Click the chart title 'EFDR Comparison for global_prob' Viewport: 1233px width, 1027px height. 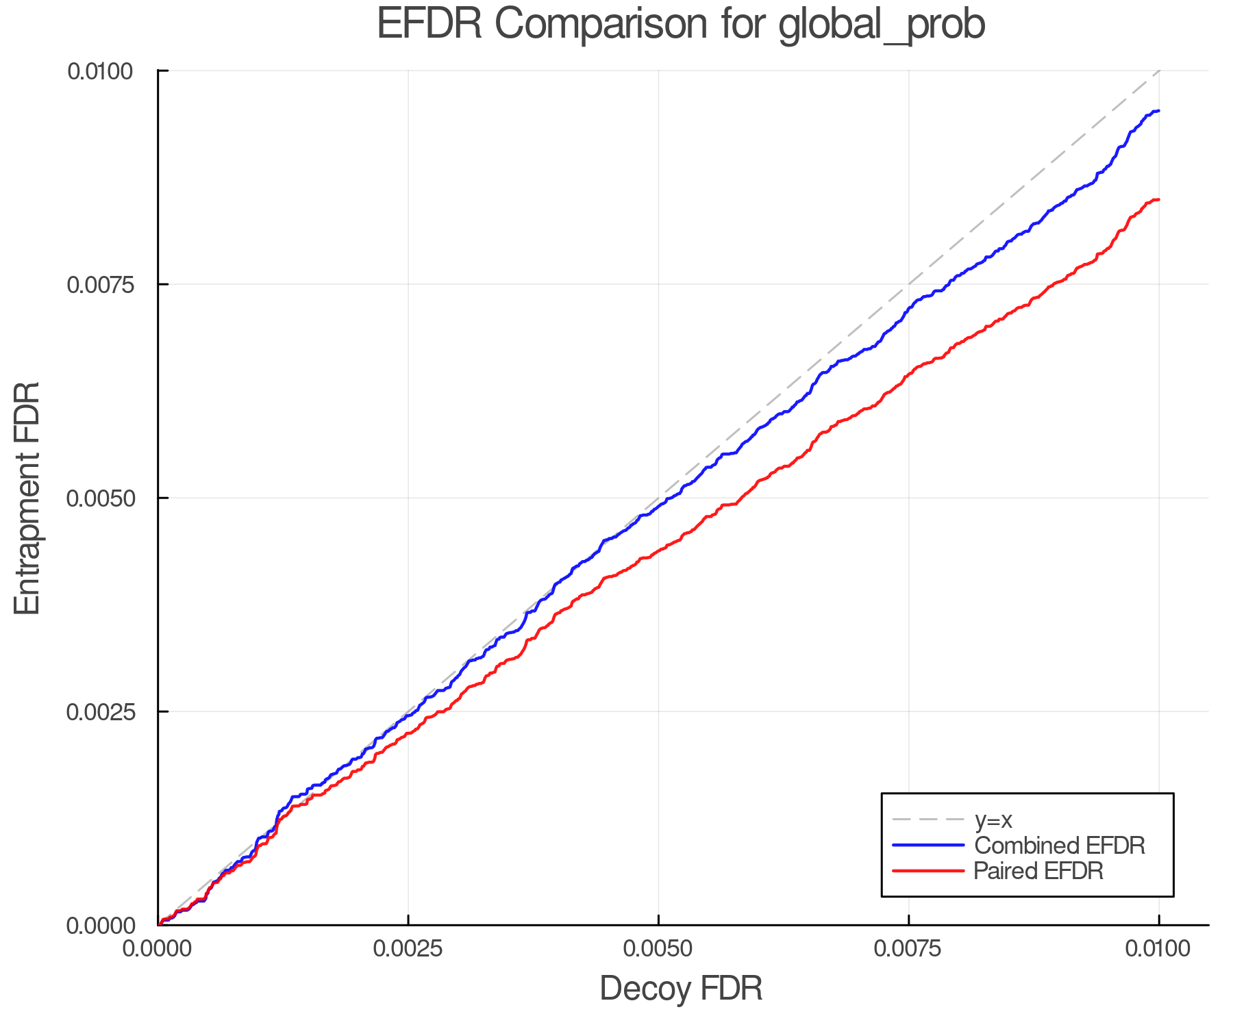(x=681, y=25)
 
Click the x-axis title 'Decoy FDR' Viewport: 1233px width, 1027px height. (x=681, y=989)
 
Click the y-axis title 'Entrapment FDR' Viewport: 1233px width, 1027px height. (x=27, y=498)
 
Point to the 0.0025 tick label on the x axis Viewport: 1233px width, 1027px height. (x=408, y=949)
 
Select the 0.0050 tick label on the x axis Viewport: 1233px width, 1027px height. (x=658, y=949)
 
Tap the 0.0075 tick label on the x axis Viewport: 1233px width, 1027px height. (x=908, y=949)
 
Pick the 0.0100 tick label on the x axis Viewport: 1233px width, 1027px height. (x=1158, y=949)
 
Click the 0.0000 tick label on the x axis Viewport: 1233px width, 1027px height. (x=158, y=949)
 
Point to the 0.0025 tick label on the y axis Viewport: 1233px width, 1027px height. (x=101, y=711)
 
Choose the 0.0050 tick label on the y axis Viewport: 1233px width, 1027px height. (x=101, y=498)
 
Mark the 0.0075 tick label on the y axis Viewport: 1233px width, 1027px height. (x=101, y=284)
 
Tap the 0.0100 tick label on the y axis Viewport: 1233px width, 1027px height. (x=101, y=71)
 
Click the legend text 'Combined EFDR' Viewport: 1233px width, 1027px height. (x=1059, y=846)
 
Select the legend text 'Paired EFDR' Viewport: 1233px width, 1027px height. (x=1038, y=871)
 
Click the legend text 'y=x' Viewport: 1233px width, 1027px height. (x=993, y=820)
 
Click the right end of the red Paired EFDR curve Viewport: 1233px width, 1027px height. (x=1158, y=199)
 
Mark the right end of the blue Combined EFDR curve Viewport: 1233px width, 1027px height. (x=1158, y=111)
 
